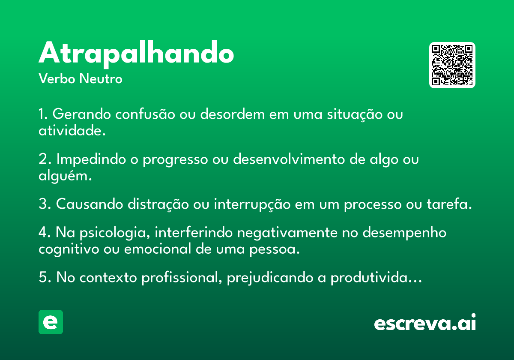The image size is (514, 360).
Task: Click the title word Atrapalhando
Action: point(136,54)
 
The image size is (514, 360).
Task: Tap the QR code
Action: point(452,65)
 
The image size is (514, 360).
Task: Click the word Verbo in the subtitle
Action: point(57,78)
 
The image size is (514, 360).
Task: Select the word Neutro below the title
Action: point(101,78)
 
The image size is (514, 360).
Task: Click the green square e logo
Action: point(51,322)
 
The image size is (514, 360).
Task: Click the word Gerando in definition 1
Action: point(82,114)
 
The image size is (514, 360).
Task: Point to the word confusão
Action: point(145,114)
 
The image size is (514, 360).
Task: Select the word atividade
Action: point(72,130)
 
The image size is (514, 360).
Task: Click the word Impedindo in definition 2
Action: point(91,159)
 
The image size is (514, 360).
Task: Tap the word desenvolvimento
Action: point(289,159)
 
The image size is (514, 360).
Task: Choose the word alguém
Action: point(65,176)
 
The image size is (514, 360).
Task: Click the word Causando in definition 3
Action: point(90,204)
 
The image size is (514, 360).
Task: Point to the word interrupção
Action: point(252,204)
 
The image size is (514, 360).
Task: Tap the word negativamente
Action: point(287,232)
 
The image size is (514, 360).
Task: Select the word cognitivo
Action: point(69,249)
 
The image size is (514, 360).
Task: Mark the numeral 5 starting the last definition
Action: point(43,277)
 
